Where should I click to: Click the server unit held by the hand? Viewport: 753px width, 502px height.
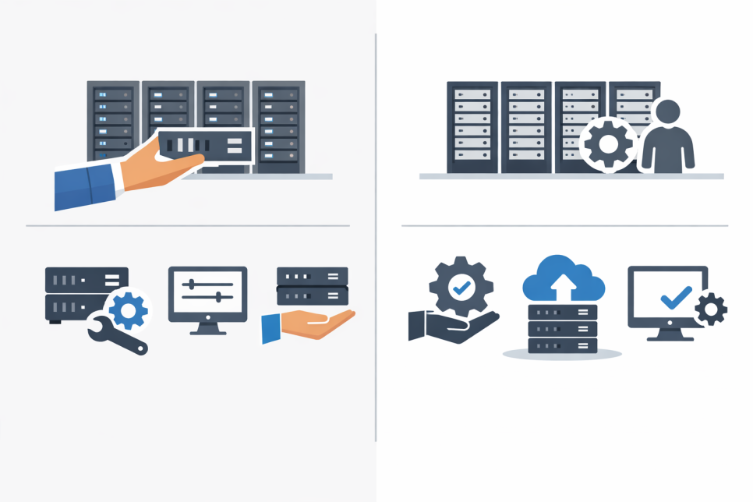click(x=206, y=145)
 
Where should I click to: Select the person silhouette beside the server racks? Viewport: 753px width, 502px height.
click(x=667, y=139)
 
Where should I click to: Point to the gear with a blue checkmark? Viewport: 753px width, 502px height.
click(x=461, y=287)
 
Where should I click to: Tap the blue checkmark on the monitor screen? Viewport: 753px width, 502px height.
click(x=674, y=297)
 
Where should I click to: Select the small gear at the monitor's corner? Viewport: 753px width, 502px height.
click(x=710, y=309)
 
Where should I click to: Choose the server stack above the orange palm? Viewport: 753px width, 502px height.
click(x=312, y=286)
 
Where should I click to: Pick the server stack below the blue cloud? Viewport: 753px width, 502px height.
click(x=562, y=328)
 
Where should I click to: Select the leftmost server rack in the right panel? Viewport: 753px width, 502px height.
click(x=472, y=126)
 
